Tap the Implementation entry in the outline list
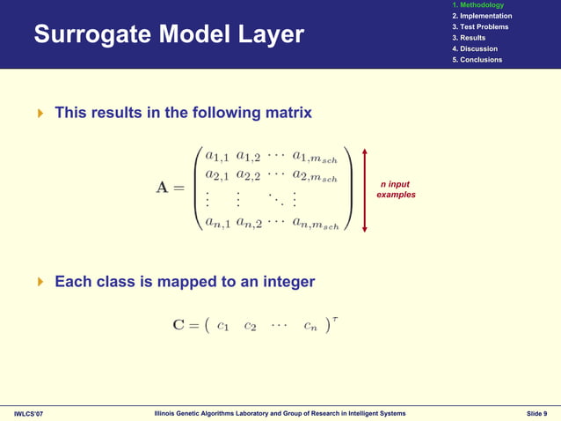pyautogui.click(x=481, y=16)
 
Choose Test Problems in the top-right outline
pyautogui.click(x=479, y=27)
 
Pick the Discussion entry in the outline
pyautogui.click(x=474, y=48)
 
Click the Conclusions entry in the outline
pyautogui.click(x=476, y=60)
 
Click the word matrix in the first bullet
pyautogui.click(x=284, y=114)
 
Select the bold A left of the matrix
pyautogui.click(x=164, y=188)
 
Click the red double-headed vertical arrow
pyautogui.click(x=364, y=188)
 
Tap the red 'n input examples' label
pyautogui.click(x=396, y=188)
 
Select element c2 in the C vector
pyautogui.click(x=251, y=326)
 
